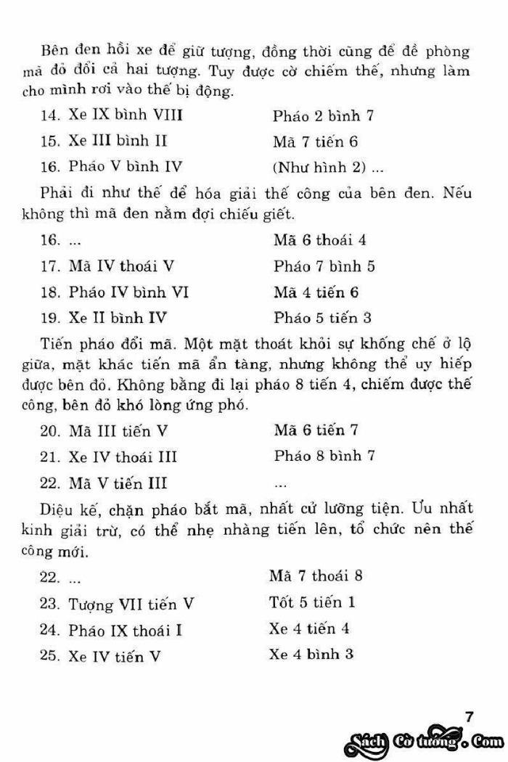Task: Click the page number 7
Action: [469, 717]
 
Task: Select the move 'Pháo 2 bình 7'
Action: [323, 115]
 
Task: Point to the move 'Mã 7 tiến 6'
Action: [316, 141]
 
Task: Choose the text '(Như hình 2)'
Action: [317, 167]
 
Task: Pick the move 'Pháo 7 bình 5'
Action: [324, 266]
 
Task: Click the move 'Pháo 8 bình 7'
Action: [324, 457]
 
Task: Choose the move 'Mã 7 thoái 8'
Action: [316, 576]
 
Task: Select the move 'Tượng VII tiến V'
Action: [131, 604]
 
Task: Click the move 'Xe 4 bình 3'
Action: [311, 655]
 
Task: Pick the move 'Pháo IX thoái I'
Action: [126, 630]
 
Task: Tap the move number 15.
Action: [49, 141]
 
